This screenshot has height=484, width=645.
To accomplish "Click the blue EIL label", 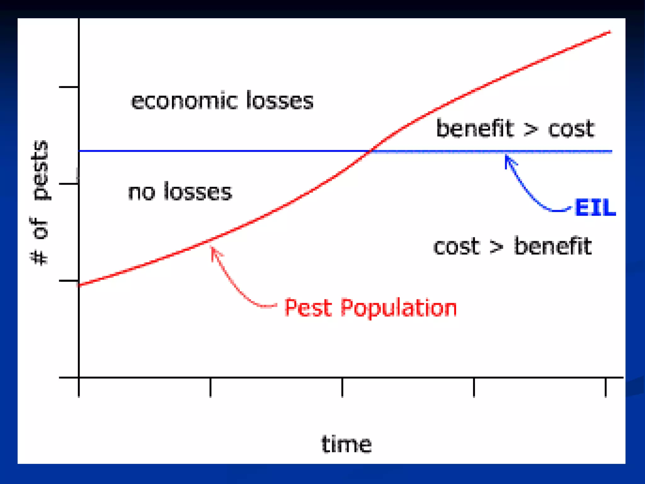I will click(x=595, y=207).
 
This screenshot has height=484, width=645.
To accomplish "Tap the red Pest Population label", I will click(x=370, y=308).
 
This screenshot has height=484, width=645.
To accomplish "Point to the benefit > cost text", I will click(x=515, y=129).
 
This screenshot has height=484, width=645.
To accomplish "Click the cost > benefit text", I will click(x=512, y=246).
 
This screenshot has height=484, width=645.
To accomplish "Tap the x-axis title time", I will click(x=346, y=444).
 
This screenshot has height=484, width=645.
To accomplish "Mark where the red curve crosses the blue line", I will click(x=370, y=151).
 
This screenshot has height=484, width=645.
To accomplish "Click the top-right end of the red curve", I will click(x=610, y=32).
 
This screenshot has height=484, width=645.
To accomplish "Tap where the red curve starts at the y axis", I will click(x=79, y=285).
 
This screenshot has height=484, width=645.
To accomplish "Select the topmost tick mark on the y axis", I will click(x=69, y=87).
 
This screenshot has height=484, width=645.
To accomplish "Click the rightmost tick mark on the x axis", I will click(x=605, y=388).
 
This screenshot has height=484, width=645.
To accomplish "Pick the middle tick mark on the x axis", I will click(x=342, y=388).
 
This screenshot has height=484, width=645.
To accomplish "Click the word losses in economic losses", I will click(x=280, y=101).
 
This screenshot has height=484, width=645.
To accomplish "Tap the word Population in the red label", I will click(x=399, y=308).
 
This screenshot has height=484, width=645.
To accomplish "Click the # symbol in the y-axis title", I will click(x=40, y=256).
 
